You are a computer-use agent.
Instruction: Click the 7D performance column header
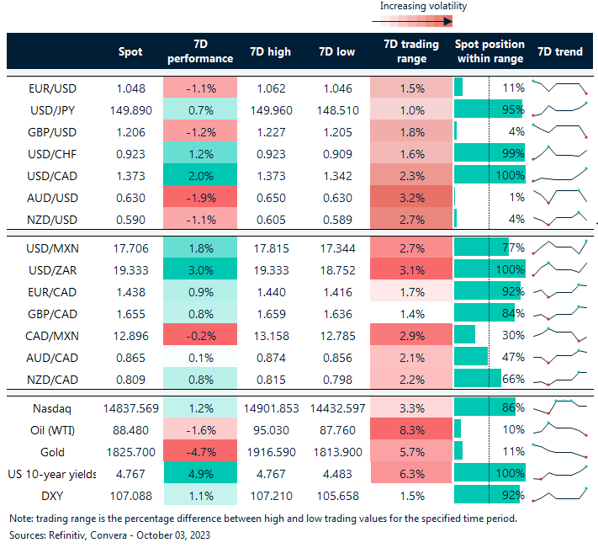coord(200,51)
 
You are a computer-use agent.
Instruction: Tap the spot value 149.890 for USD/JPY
coord(130,109)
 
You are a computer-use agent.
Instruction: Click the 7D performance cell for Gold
coord(200,452)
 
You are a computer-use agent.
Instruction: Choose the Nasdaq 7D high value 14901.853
coord(270,408)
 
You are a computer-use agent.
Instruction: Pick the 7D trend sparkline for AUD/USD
coord(558,196)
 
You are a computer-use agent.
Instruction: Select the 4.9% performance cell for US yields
coord(200,474)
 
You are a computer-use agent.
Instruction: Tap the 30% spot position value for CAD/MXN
coord(513,335)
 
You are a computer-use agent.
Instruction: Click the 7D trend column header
coord(559,51)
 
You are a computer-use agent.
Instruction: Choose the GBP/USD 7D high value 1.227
coord(270,131)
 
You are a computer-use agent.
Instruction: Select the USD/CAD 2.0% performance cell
coord(200,174)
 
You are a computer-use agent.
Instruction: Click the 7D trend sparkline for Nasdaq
coord(558,408)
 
